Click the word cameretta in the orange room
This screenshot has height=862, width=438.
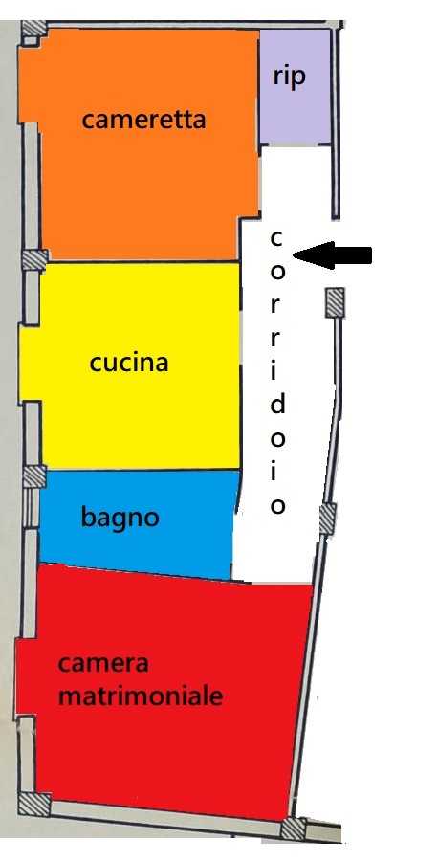(x=144, y=120)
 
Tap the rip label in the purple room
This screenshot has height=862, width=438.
(x=289, y=76)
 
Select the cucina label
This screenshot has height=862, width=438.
(x=128, y=363)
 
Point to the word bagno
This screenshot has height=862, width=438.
(x=120, y=518)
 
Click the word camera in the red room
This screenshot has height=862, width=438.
(x=103, y=664)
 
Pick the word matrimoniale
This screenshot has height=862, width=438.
(x=141, y=696)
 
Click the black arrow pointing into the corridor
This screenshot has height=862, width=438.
(x=333, y=255)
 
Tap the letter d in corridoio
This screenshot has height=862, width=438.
(x=278, y=405)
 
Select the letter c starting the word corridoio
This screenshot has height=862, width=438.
(x=276, y=239)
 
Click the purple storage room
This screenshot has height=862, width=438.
(x=295, y=86)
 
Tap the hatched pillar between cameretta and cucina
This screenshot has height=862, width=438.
(x=34, y=259)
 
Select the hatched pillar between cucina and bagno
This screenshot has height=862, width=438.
(x=34, y=476)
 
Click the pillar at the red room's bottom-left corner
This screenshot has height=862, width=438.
(x=34, y=805)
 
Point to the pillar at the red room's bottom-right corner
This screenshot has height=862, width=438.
(x=293, y=829)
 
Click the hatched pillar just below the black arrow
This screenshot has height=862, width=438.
(x=335, y=303)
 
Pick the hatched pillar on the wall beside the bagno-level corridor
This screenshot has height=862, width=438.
(x=327, y=519)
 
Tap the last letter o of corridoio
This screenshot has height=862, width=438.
(x=277, y=506)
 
